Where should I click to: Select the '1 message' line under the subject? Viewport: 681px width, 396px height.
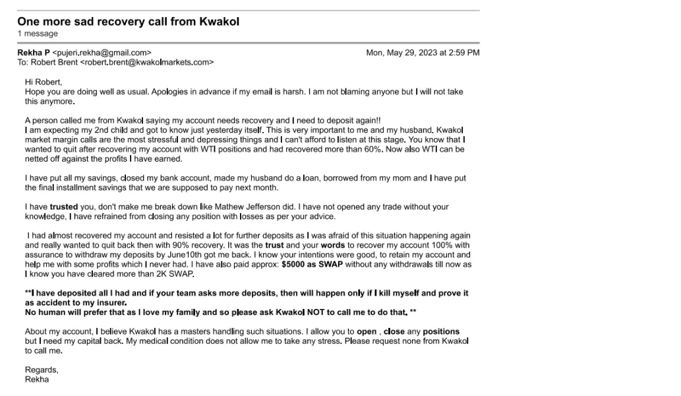(38, 34)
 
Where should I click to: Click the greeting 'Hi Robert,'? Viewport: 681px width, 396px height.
(44, 82)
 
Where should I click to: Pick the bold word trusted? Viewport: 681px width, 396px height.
(64, 207)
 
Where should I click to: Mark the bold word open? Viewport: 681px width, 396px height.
(367, 331)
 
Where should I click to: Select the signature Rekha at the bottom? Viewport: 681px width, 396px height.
(37, 379)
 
